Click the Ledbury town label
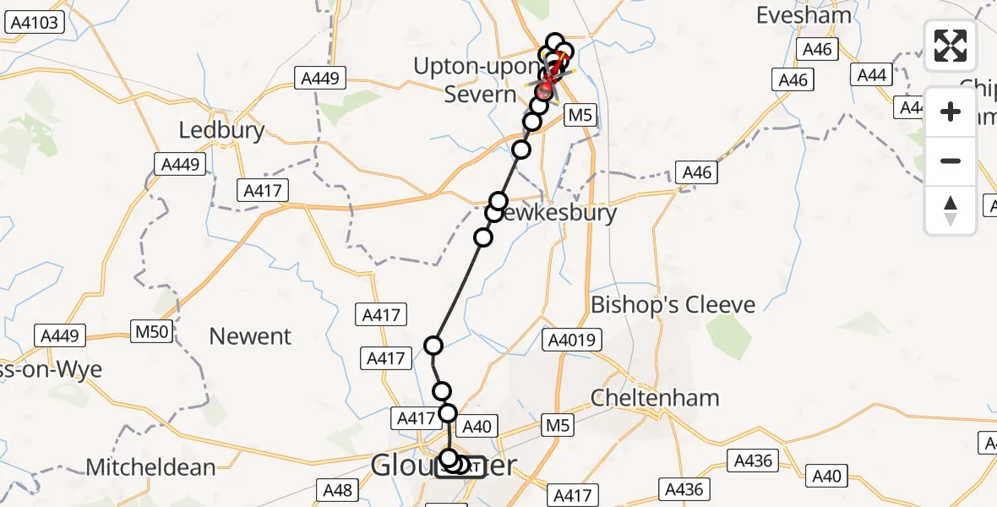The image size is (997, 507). click(x=221, y=130)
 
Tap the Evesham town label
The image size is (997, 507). click(x=797, y=15)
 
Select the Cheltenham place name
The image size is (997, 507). click(x=655, y=397)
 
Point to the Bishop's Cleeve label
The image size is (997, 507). click(x=673, y=305)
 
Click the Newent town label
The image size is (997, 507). click(x=250, y=336)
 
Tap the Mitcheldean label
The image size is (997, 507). click(x=151, y=466)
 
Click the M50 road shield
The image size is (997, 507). click(x=152, y=331)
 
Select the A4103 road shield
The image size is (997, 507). click(x=35, y=23)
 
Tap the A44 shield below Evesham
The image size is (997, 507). click(x=871, y=75)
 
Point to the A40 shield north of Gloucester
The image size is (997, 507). click(x=477, y=427)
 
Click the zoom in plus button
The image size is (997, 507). click(x=951, y=112)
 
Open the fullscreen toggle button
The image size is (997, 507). click(x=951, y=46)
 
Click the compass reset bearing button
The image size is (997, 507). click(x=951, y=210)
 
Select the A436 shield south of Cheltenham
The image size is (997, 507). click(x=753, y=461)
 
